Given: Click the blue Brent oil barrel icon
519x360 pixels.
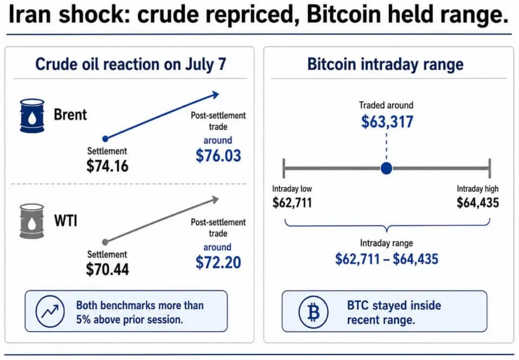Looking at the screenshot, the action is click(x=32, y=116).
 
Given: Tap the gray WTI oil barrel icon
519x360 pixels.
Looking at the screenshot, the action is click(x=32, y=221).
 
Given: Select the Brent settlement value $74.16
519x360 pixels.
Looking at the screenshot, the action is click(x=107, y=166).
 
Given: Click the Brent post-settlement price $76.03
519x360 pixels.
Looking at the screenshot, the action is click(x=218, y=156).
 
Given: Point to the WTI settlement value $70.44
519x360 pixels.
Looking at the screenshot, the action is click(x=107, y=269).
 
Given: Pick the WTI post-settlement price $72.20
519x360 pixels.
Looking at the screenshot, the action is click(x=218, y=262).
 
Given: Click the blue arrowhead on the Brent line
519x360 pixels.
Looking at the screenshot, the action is click(x=215, y=95).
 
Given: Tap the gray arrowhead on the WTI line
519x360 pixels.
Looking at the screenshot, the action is click(x=215, y=199).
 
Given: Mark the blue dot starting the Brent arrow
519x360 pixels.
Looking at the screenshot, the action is click(x=105, y=138).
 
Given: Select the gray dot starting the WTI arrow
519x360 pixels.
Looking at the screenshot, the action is click(x=105, y=242).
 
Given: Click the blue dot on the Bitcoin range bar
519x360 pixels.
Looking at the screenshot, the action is click(x=386, y=168).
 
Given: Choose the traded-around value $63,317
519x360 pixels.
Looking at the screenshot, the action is click(x=387, y=122).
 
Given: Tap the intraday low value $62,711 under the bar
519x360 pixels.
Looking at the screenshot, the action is click(x=292, y=203).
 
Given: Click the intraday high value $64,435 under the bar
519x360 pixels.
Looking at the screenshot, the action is click(x=477, y=203).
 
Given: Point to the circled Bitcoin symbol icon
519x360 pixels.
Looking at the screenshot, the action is click(x=313, y=312).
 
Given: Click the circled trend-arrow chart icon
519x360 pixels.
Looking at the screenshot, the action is click(x=50, y=311).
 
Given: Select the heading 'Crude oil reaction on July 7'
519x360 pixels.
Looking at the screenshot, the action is click(x=130, y=64).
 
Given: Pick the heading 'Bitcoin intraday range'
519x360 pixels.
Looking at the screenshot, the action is click(x=385, y=64).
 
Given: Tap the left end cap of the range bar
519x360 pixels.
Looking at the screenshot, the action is click(x=284, y=169).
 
